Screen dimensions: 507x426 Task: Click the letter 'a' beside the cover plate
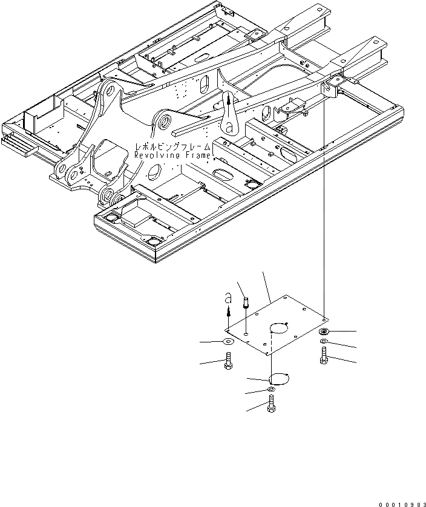[x=228, y=298]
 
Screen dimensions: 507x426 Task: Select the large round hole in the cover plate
[x=278, y=329]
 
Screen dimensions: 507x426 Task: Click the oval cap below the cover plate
[x=278, y=379]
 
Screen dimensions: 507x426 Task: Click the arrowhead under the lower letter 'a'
[x=228, y=312]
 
